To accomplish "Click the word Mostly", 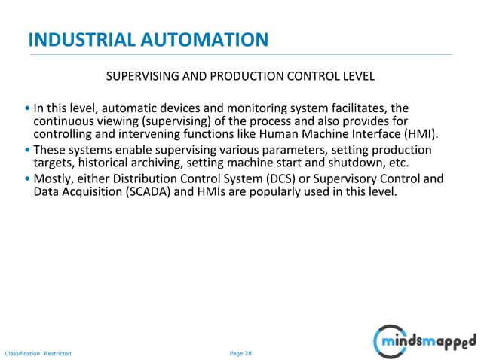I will (x=52, y=178).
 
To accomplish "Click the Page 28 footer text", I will (x=240, y=352).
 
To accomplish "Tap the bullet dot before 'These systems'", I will (x=27, y=151).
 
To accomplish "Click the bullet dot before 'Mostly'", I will (x=27, y=179).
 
